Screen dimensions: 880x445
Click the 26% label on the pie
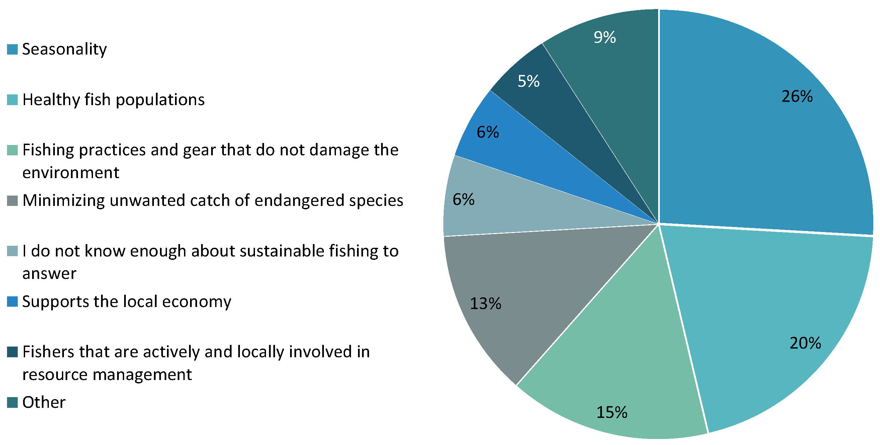coord(797,96)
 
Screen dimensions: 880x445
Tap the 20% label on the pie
coord(805,343)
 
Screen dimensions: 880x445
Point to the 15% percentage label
coord(612,412)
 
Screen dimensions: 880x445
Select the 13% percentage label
coord(486,303)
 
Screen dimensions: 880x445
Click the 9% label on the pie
coord(605,37)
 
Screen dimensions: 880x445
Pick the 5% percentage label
coord(528,81)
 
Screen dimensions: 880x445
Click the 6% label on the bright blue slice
coord(488,132)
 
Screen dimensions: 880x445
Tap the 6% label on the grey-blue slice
coord(463,199)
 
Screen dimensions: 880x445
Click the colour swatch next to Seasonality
coord(12,49)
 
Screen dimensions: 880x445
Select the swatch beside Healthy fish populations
coord(12,100)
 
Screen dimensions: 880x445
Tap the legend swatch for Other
coord(12,402)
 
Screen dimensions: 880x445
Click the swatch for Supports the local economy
coord(12,302)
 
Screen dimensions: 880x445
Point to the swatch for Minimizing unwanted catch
coord(12,201)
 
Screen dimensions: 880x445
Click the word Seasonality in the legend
coord(65,50)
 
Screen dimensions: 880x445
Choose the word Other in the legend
coord(44,402)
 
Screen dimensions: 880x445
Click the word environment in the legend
coord(71,172)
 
